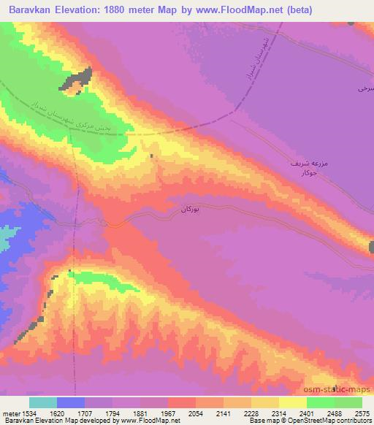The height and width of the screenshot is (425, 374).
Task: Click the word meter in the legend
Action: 11,413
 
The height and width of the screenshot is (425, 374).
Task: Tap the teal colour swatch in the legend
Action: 43,402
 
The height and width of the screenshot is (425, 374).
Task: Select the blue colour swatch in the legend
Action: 71,402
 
